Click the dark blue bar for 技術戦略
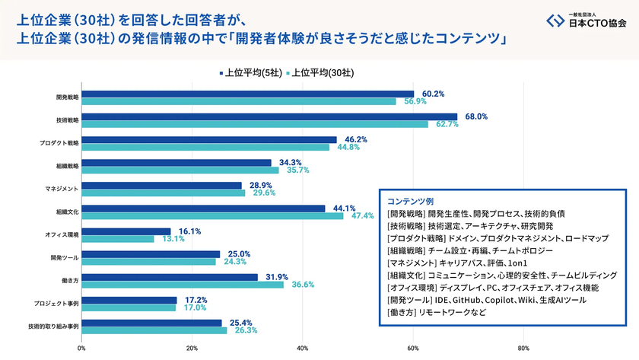(269, 117)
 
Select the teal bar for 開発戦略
(239, 101)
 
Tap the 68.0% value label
(476, 116)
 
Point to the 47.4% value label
(362, 215)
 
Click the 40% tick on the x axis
(302, 349)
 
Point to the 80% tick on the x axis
(523, 349)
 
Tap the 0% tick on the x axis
(81, 349)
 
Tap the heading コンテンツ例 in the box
(410, 202)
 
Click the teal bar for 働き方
(183, 284)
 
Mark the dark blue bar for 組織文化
(203, 209)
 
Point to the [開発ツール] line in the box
(486, 299)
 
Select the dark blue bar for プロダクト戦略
(209, 140)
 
